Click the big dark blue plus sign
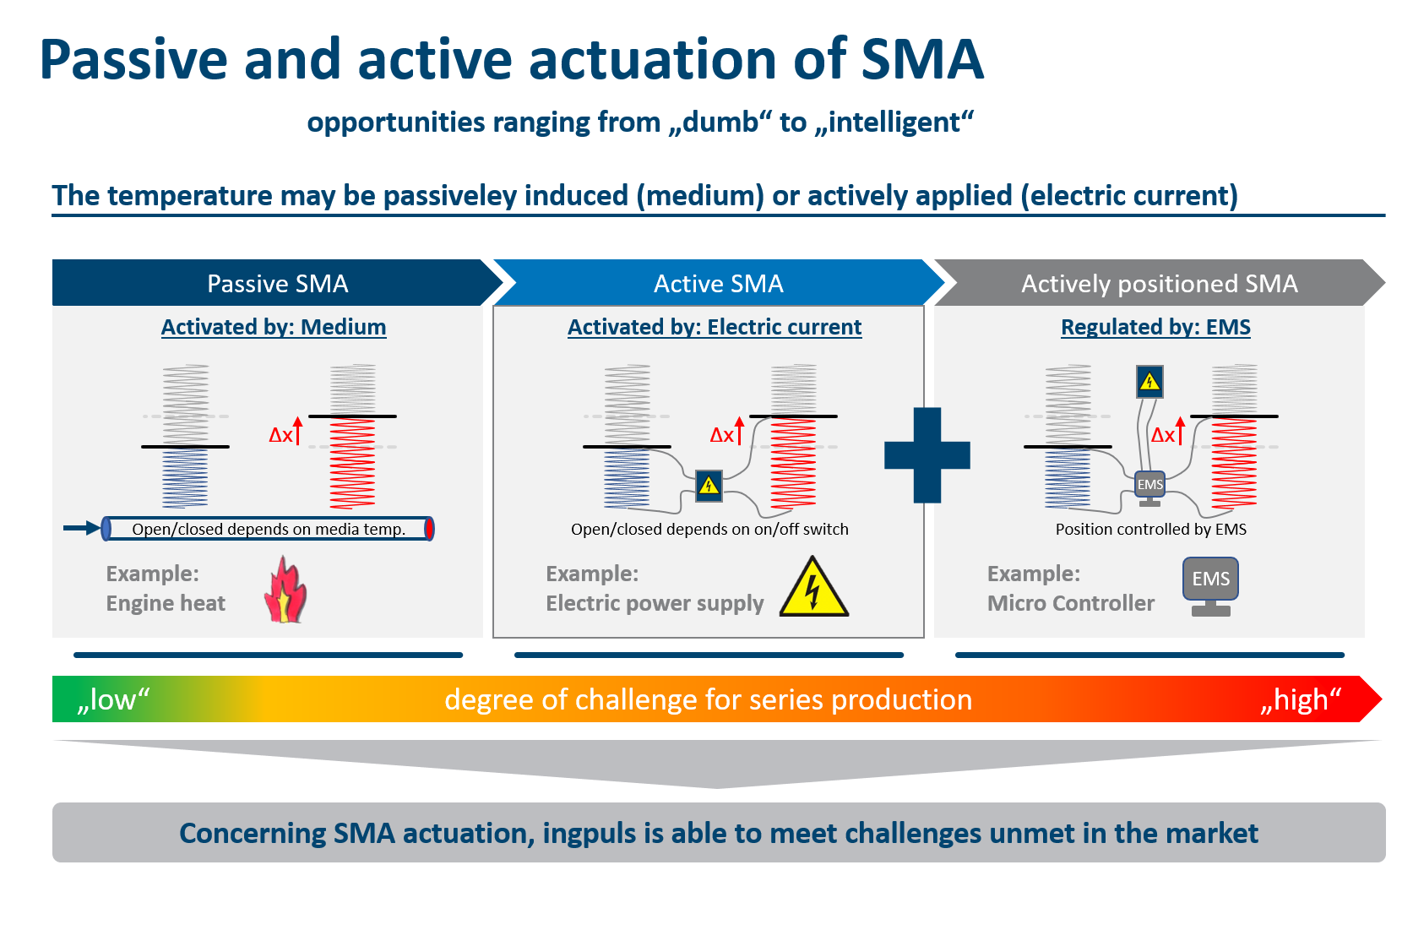[x=927, y=455]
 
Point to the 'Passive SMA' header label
[x=277, y=284]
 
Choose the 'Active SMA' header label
[x=718, y=284]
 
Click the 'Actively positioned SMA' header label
[x=1159, y=284]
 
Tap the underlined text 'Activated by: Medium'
[x=274, y=327]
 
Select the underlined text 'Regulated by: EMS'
[x=1155, y=327]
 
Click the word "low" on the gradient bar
[x=112, y=699]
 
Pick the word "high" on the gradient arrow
[x=1301, y=699]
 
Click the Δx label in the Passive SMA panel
[x=281, y=435]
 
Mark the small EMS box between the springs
[x=1149, y=485]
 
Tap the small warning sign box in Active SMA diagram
[x=709, y=486]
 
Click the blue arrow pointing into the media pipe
[x=81, y=529]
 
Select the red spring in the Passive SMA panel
[x=352, y=463]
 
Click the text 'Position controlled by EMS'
[x=1150, y=529]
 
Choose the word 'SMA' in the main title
[x=921, y=60]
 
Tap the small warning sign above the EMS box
[x=1149, y=382]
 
